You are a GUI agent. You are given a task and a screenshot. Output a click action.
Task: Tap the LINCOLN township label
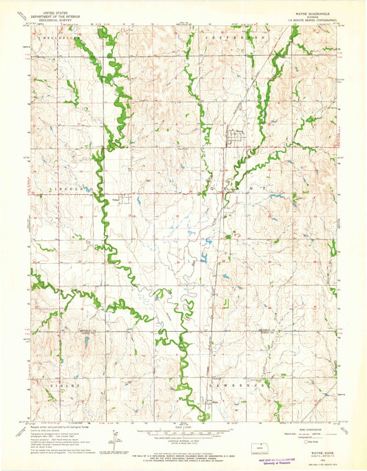[69, 187]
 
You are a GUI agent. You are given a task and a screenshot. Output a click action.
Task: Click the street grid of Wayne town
[234, 138]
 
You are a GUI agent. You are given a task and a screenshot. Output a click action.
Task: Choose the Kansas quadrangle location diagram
[258, 447]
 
